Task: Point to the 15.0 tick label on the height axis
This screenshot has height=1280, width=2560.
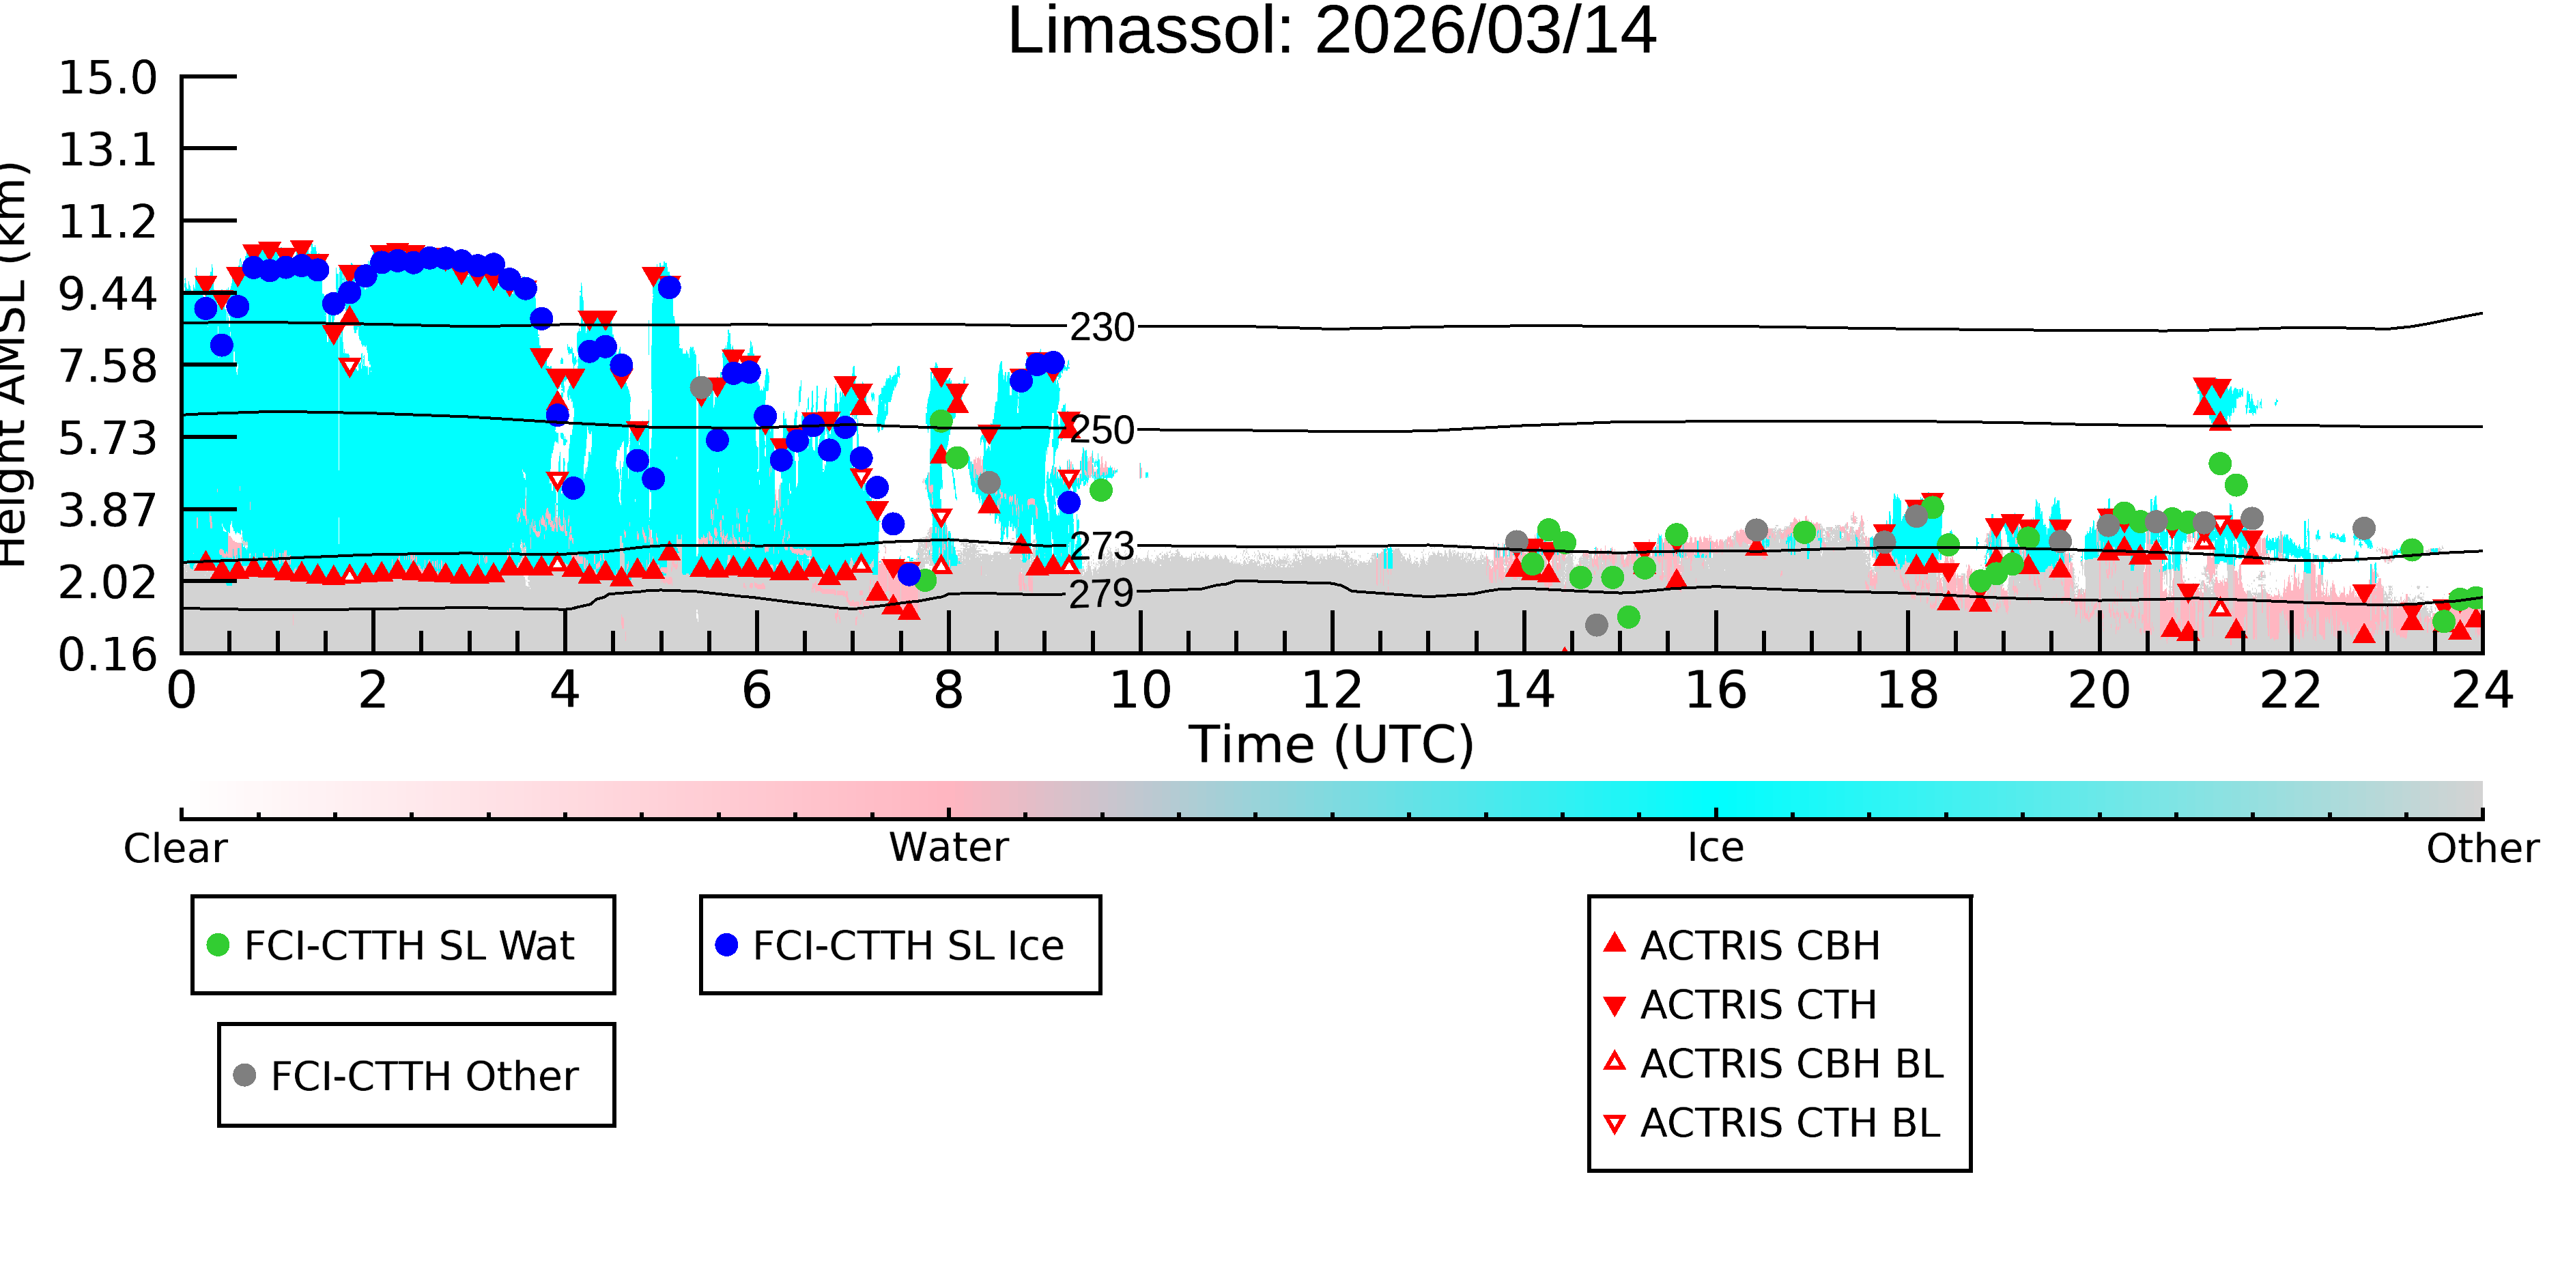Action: pos(107,78)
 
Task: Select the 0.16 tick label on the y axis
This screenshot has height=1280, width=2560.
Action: pos(107,654)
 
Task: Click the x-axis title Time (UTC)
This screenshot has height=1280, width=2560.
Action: pos(1332,744)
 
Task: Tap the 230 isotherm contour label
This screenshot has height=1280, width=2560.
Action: pos(1102,327)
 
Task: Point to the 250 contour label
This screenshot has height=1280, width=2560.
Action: pos(1102,430)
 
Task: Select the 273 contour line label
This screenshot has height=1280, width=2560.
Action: pos(1102,545)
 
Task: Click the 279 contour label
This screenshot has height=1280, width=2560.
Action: pos(1102,593)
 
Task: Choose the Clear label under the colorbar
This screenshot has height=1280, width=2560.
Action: pos(175,849)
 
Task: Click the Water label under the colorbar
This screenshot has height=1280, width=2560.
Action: pos(949,848)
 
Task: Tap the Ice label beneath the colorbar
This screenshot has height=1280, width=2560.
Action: pos(1716,848)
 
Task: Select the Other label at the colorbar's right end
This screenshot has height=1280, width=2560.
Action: pos(2482,849)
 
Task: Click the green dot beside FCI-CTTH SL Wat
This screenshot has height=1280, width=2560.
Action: pos(218,945)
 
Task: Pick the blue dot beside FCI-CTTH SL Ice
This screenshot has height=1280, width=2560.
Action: pos(726,945)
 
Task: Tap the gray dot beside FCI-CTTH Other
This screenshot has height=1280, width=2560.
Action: pos(244,1075)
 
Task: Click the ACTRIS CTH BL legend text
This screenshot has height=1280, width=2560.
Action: pos(1791,1123)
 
